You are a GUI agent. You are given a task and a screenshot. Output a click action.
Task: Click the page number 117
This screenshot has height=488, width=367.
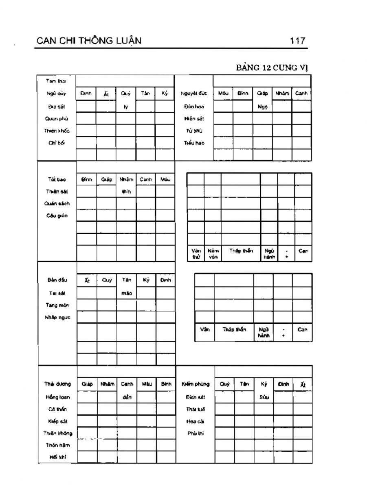click(297, 41)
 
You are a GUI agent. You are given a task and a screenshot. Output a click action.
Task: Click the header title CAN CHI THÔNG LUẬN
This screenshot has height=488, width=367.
click(89, 41)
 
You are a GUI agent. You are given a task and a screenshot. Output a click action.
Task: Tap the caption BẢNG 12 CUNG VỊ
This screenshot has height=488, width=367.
click(272, 68)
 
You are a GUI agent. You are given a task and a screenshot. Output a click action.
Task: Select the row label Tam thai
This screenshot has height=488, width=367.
click(57, 81)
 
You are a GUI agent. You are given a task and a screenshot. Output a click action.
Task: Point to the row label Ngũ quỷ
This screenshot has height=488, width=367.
click(57, 94)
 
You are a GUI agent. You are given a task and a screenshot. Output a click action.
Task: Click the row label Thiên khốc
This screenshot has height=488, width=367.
click(57, 131)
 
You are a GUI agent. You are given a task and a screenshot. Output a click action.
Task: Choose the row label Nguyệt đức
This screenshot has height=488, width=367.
click(194, 94)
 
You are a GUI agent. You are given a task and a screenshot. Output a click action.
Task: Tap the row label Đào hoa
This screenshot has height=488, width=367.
click(194, 107)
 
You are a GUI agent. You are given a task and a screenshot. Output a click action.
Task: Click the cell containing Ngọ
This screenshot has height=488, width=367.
click(262, 107)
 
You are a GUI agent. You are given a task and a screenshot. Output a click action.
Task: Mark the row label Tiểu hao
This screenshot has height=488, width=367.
click(194, 143)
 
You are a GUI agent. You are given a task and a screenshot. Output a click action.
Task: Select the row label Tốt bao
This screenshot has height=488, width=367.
click(57, 179)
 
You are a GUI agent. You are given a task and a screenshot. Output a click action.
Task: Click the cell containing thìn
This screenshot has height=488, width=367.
click(126, 192)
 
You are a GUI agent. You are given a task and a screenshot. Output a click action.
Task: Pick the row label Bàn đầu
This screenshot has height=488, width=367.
click(57, 280)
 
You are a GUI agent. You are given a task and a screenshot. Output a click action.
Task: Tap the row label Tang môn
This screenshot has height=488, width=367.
click(57, 305)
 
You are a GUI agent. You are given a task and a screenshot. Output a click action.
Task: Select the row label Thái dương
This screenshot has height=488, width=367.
click(57, 384)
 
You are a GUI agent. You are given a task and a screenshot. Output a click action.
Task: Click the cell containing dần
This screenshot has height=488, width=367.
click(127, 397)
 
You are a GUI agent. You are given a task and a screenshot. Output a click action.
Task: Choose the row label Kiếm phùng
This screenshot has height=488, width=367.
click(195, 384)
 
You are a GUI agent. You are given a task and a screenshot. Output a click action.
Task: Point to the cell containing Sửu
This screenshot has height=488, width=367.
click(264, 397)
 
